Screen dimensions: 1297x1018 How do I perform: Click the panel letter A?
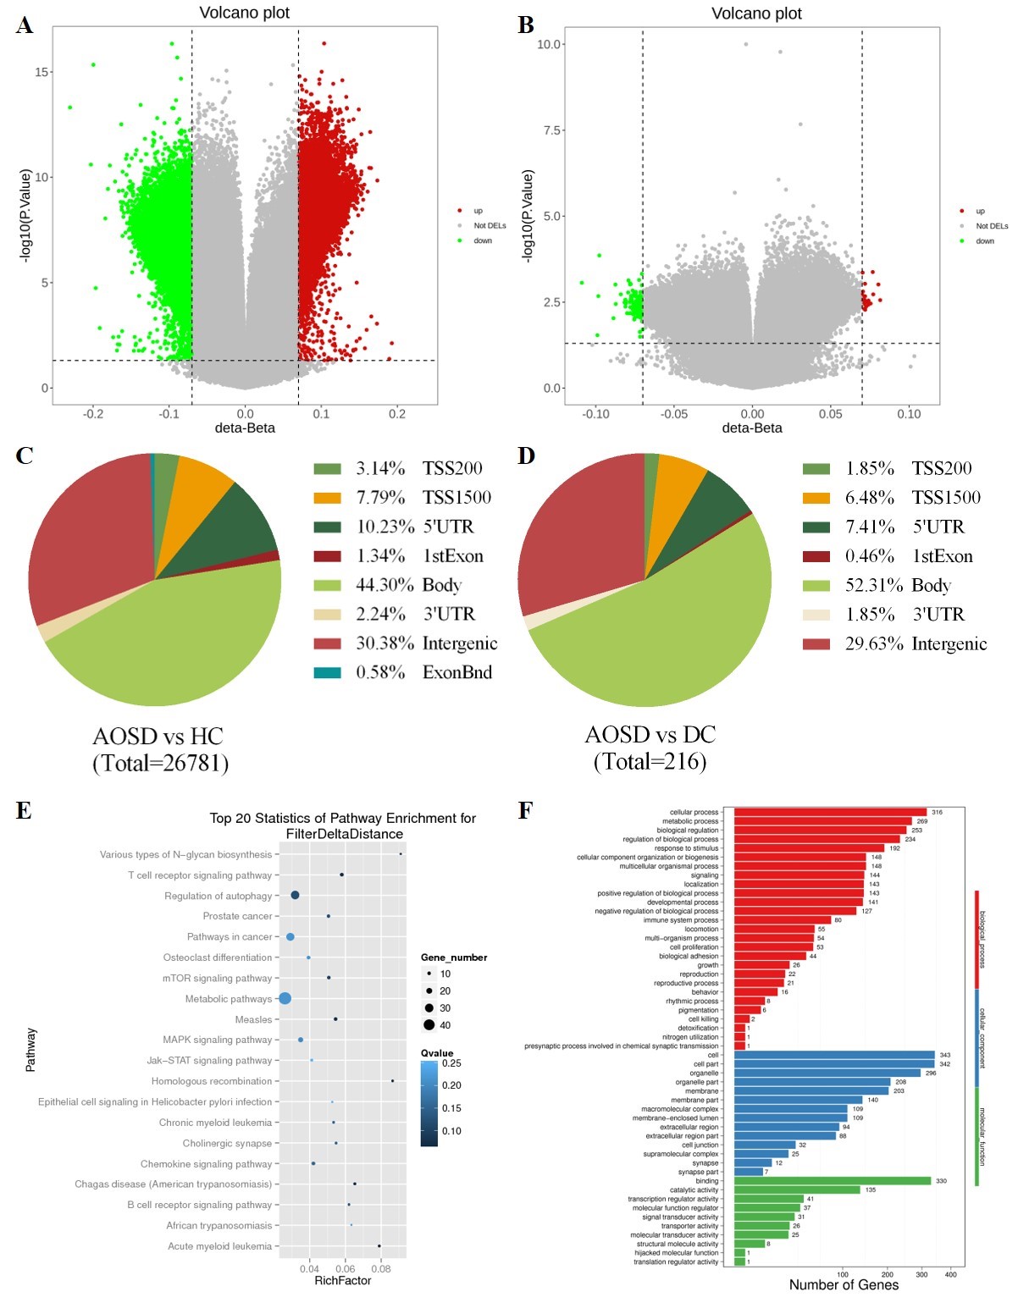click(x=25, y=25)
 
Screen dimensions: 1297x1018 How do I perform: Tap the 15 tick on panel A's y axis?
click(x=41, y=72)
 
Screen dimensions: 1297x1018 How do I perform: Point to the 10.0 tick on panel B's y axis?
click(x=550, y=44)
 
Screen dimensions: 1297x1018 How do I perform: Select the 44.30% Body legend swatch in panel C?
click(x=327, y=585)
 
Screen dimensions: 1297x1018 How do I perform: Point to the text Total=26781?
click(x=160, y=764)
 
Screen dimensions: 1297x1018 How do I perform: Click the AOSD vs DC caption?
click(x=650, y=735)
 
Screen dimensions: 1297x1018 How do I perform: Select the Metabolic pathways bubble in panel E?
click(x=285, y=999)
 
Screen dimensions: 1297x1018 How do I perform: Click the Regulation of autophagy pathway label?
click(x=219, y=896)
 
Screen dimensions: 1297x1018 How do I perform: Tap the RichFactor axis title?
click(x=342, y=1281)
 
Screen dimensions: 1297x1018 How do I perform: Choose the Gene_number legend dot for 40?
click(x=429, y=1025)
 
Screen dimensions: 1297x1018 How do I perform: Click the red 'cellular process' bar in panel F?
click(x=830, y=812)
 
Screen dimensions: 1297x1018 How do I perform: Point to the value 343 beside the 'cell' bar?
click(x=945, y=1055)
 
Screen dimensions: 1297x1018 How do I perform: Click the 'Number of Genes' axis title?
click(x=844, y=1285)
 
